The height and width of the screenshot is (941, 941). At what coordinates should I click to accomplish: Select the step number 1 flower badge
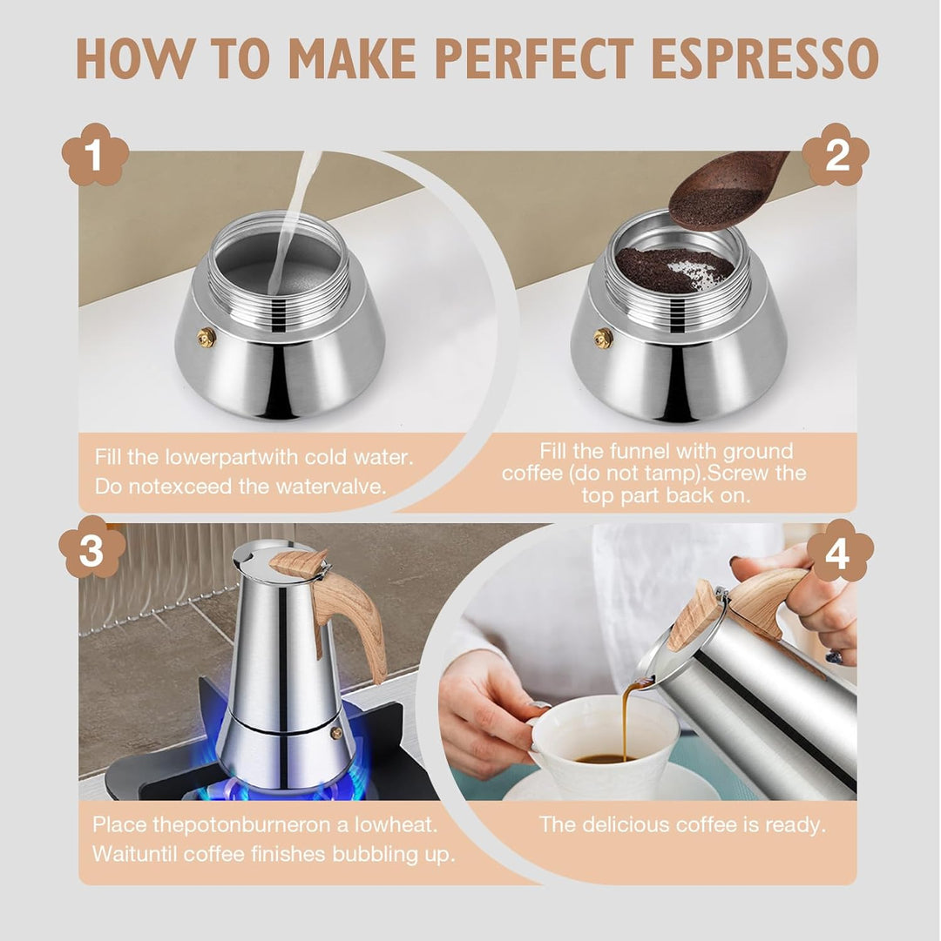pyautogui.click(x=95, y=157)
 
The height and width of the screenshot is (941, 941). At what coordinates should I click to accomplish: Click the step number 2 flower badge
pyautogui.click(x=836, y=155)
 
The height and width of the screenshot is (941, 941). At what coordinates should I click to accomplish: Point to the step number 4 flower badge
pyautogui.click(x=839, y=551)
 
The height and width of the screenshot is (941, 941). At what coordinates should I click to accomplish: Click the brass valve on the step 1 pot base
pyautogui.click(x=206, y=337)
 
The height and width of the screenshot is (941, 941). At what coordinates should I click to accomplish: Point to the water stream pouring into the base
pyautogui.click(x=294, y=218)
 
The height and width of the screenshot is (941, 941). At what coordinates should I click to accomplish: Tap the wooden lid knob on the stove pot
pyautogui.click(x=299, y=563)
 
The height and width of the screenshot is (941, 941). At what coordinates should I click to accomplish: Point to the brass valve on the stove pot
pyautogui.click(x=336, y=733)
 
